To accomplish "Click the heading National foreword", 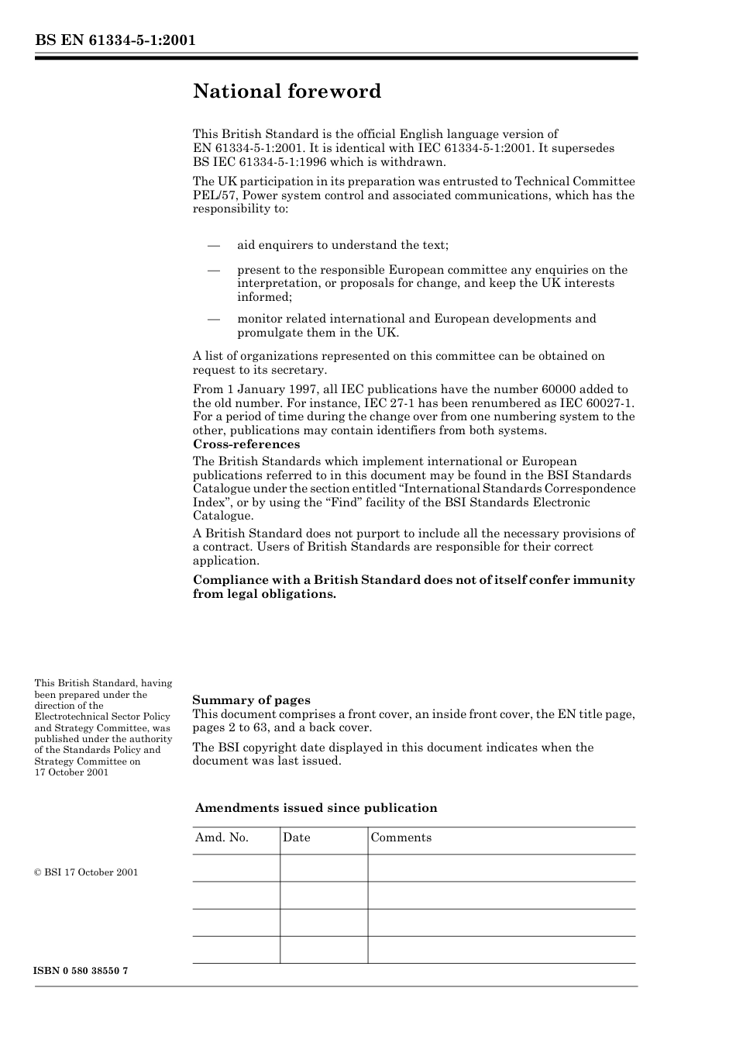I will [x=287, y=92].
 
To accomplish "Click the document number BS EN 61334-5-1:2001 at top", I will [x=115, y=40].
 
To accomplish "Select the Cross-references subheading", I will [x=246, y=444].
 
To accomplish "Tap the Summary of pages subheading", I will [x=251, y=700].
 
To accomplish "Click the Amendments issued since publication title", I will [x=316, y=808].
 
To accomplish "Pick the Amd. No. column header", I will [x=222, y=838].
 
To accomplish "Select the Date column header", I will [x=296, y=838].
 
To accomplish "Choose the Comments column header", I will [x=401, y=838].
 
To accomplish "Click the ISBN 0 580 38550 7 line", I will [x=81, y=972].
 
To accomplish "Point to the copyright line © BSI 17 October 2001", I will [x=86, y=872].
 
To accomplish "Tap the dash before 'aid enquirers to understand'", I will [x=214, y=245].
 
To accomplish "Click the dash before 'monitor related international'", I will [x=214, y=319].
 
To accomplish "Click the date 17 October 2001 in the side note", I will [x=71, y=772].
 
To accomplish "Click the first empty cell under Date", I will [x=323, y=868].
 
